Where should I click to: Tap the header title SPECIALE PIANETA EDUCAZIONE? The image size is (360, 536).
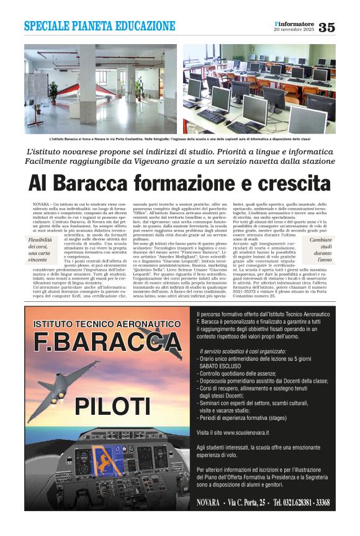[x=99, y=26]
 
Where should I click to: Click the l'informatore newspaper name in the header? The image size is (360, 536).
[x=294, y=24]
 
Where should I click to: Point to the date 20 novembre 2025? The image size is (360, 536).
[x=294, y=30]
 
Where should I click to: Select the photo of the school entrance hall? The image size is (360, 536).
[x=101, y=89]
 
